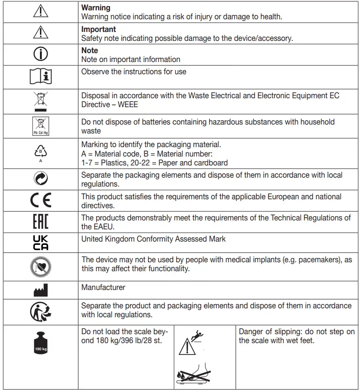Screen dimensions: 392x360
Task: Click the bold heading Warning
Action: (96, 8)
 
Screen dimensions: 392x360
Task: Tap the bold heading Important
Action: (99, 29)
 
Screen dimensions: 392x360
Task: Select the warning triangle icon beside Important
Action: (40, 32)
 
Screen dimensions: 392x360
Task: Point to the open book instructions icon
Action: (40, 77)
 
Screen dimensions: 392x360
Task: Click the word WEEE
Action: (128, 104)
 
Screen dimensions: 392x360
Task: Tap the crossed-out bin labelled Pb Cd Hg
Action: (40, 126)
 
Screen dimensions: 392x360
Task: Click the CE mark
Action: (40, 201)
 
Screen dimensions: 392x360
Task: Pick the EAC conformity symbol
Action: (40, 221)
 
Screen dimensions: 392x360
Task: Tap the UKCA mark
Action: (40, 243)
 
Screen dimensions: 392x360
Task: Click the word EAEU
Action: (93, 227)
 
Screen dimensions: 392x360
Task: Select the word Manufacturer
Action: (103, 287)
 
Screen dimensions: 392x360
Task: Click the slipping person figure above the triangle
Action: (195, 336)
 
